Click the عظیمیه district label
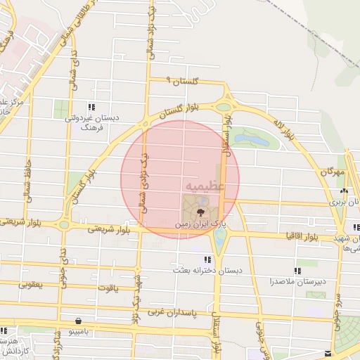pyautogui.click(x=205, y=185)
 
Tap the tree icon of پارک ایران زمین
pyautogui.click(x=201, y=210)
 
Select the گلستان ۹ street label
pyautogui.click(x=183, y=82)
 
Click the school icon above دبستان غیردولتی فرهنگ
pyautogui.click(x=91, y=107)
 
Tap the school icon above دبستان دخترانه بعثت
pyautogui.click(x=207, y=259)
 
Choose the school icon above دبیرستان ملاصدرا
pyautogui.click(x=296, y=271)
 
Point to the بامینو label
pyautogui.click(x=77, y=332)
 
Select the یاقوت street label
pyautogui.click(x=108, y=288)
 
